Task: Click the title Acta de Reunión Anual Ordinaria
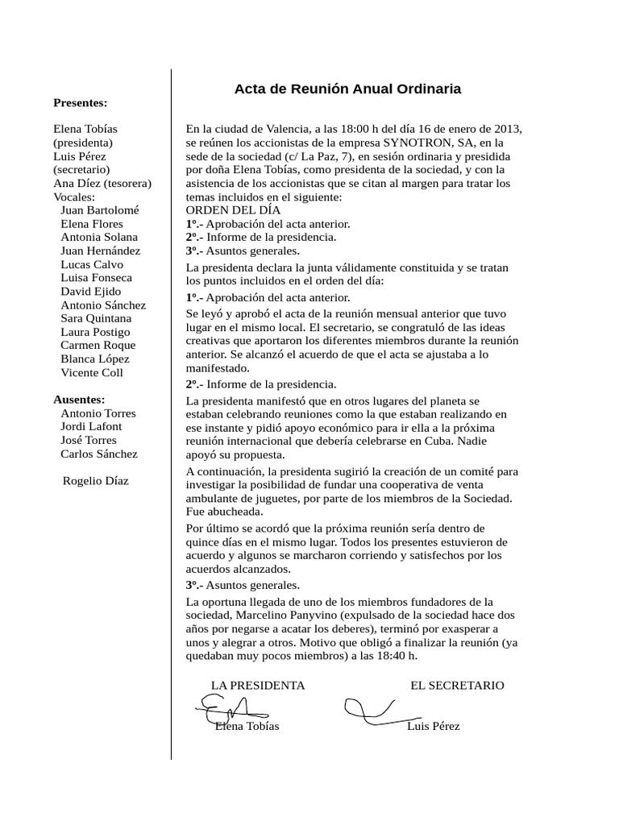(x=347, y=89)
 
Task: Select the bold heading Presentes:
(x=80, y=102)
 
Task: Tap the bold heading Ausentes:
(x=79, y=400)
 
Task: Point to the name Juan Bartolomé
(x=99, y=209)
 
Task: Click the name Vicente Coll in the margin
(x=92, y=372)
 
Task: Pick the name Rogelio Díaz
(x=95, y=481)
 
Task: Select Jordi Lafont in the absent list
(x=91, y=426)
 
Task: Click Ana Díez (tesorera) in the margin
(x=102, y=183)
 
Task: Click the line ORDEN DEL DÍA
(x=233, y=210)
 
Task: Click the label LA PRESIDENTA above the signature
(x=258, y=686)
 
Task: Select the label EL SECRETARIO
(x=457, y=686)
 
